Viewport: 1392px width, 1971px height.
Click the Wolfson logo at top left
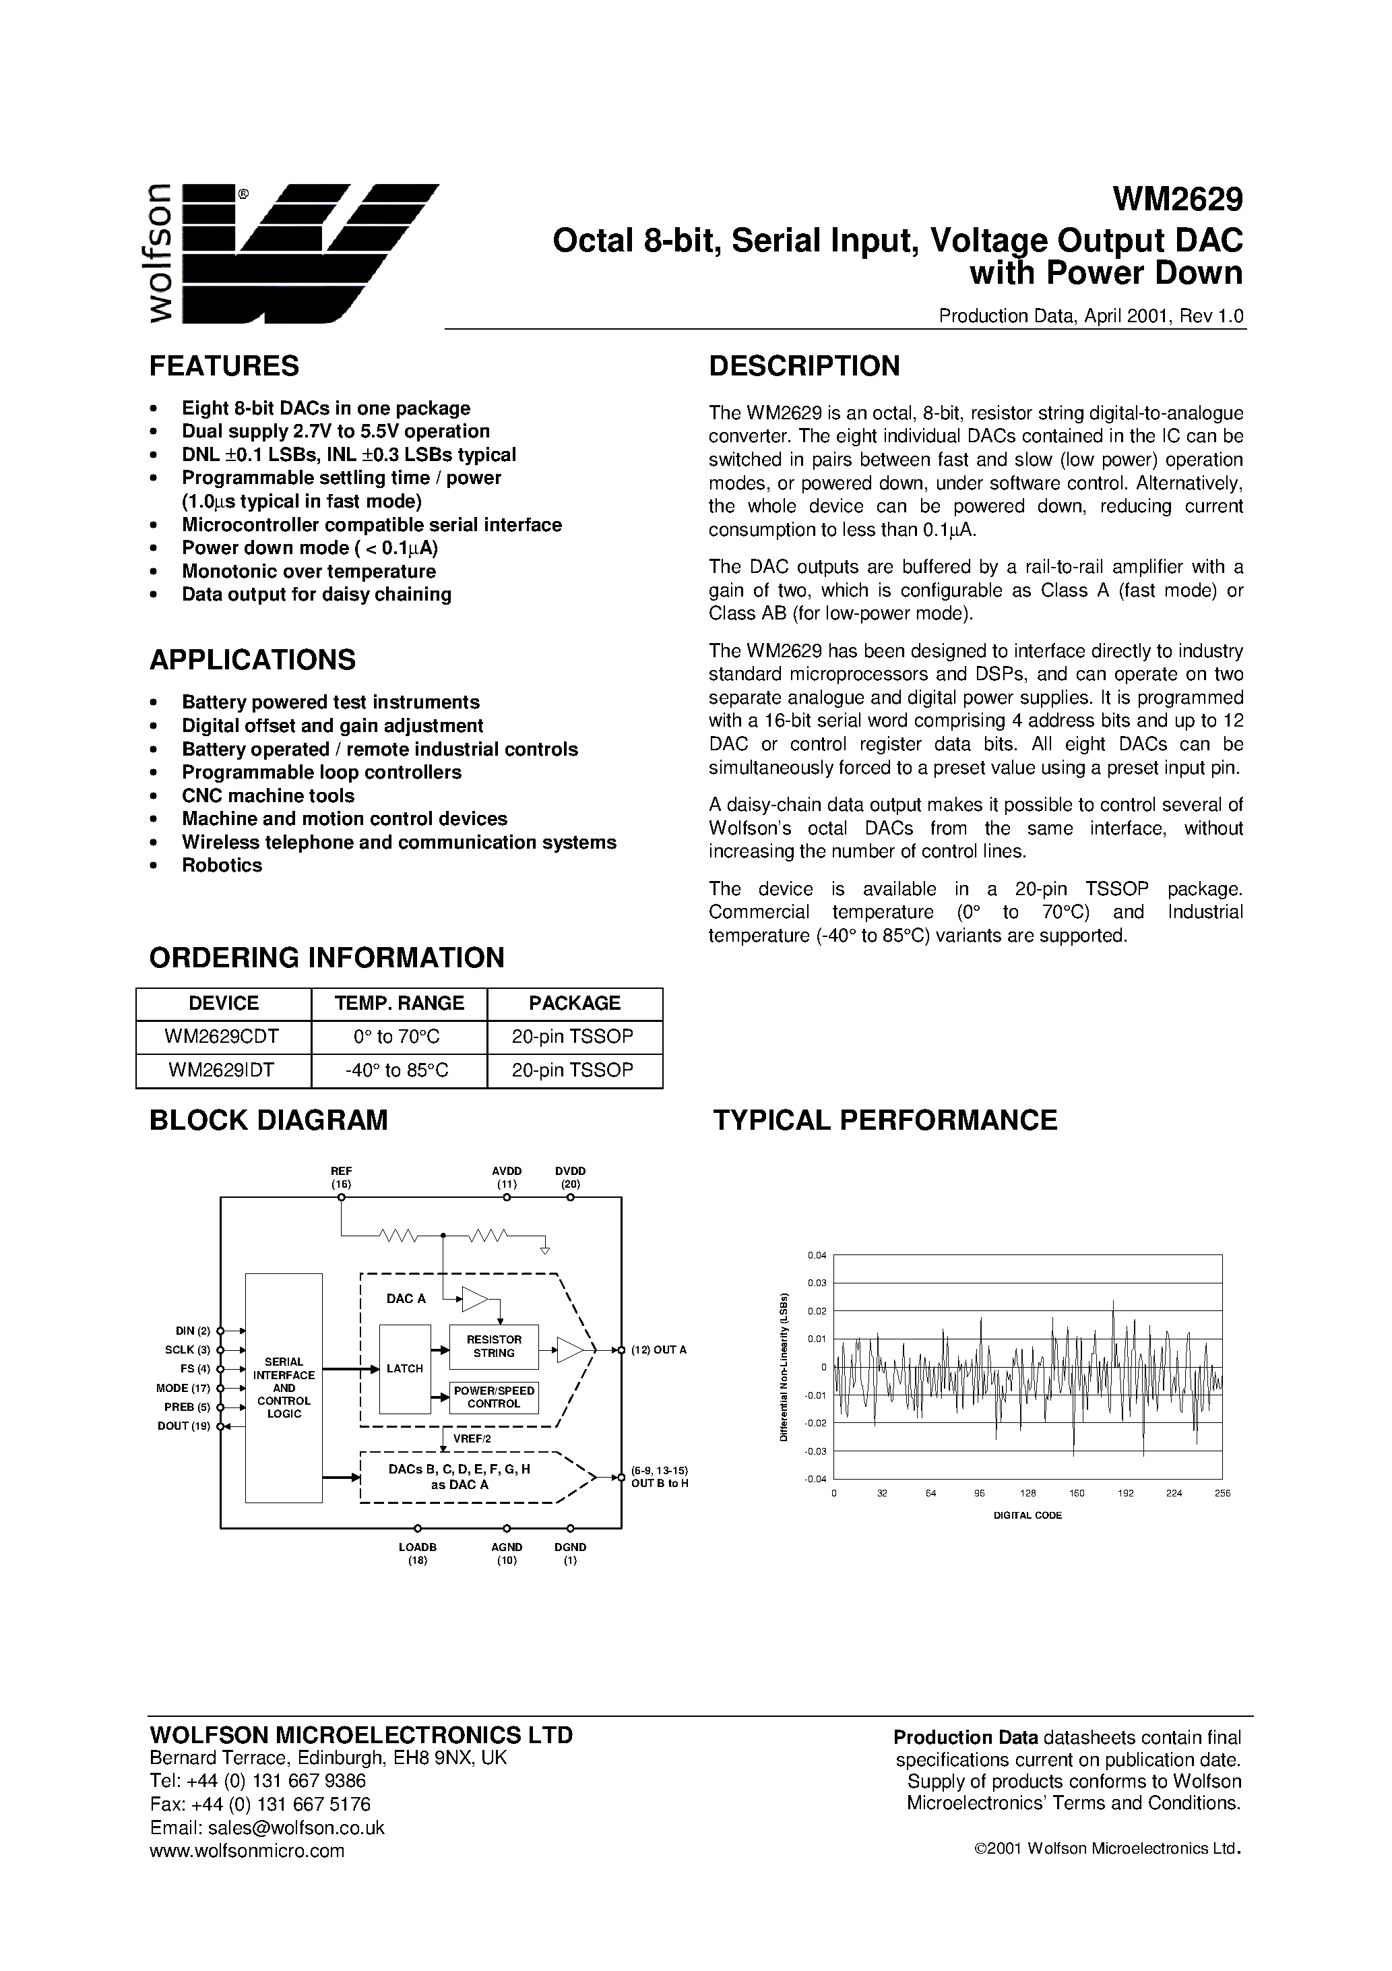292,253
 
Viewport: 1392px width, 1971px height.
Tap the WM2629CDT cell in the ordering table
223,1036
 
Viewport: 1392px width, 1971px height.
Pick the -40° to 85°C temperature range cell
398,1070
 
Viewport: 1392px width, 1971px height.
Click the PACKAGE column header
574,1002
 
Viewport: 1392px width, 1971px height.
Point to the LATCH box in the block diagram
404,1368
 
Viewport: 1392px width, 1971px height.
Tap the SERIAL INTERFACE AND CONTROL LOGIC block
284,1387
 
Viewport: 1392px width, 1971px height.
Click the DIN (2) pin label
192,1331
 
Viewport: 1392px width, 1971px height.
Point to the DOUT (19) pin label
184,1426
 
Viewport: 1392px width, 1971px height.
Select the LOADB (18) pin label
417,1552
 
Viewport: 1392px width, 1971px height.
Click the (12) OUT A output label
659,1350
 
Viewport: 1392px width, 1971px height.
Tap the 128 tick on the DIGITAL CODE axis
1028,1493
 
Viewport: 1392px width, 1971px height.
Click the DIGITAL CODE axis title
1027,1515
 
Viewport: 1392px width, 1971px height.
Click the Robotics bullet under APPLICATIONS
222,866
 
